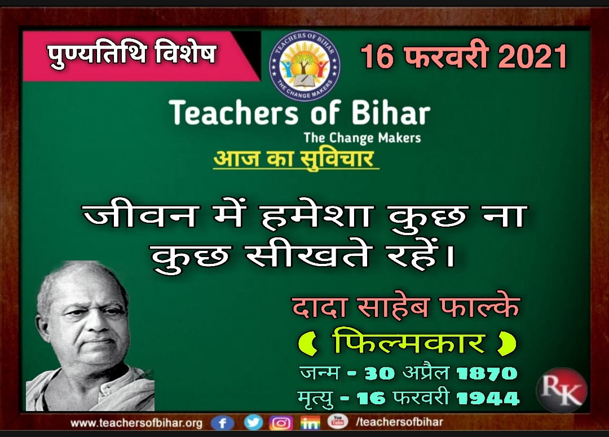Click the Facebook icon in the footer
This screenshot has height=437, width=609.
(x=223, y=423)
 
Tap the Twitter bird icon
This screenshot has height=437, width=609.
(x=253, y=422)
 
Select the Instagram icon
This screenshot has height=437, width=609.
(x=281, y=423)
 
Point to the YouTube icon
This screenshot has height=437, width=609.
(x=338, y=421)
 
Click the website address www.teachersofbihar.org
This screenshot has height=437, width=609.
(x=136, y=423)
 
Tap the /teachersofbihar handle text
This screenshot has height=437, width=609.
(x=399, y=422)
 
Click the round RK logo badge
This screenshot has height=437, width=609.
(x=561, y=390)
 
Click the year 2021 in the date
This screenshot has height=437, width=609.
(x=532, y=57)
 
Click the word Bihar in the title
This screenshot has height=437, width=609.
(x=391, y=113)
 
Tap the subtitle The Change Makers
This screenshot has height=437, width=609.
(x=362, y=138)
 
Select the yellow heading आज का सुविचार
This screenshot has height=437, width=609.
(x=294, y=158)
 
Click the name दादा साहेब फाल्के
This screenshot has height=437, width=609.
(x=405, y=307)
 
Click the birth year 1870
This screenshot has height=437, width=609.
(x=486, y=374)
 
